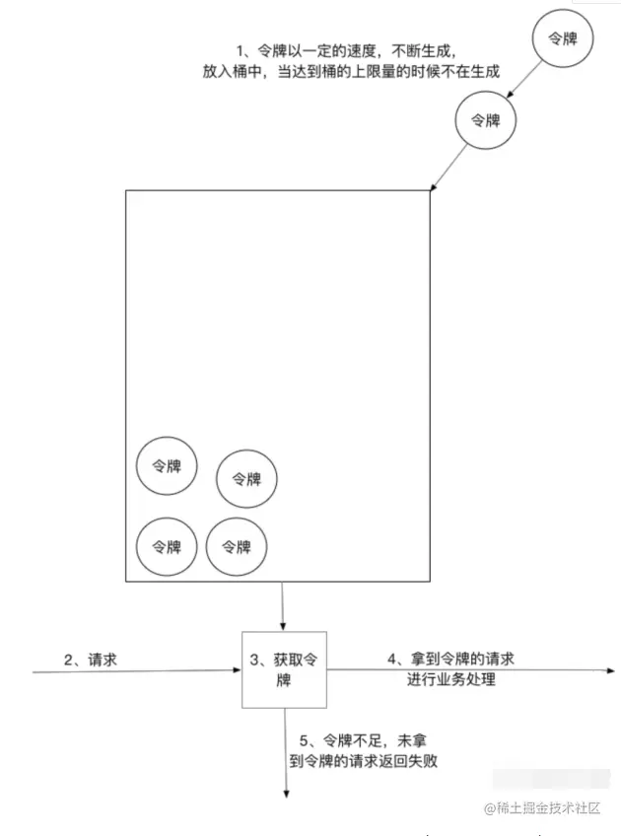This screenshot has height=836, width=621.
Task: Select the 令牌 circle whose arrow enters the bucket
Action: [x=486, y=120]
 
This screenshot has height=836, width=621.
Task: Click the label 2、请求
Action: [x=91, y=660]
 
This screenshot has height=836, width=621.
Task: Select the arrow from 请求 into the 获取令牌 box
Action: [x=138, y=671]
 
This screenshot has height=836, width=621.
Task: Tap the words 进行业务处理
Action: [x=450, y=680]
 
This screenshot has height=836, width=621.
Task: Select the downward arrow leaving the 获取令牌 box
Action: [x=286, y=754]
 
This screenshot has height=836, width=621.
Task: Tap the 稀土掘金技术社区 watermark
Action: [x=541, y=807]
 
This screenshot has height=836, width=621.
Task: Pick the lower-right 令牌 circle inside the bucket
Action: [x=237, y=545]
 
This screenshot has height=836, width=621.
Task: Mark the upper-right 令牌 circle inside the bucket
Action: [x=246, y=478]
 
